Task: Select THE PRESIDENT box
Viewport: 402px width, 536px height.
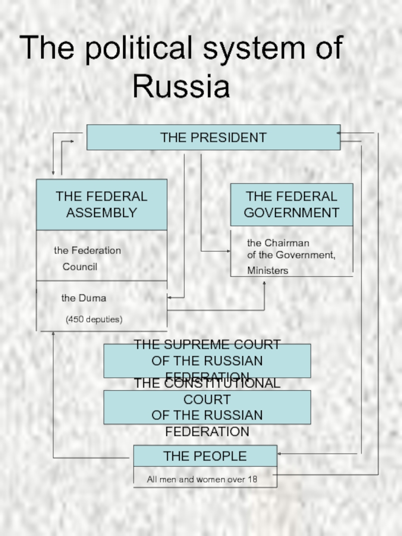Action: pyautogui.click(x=213, y=137)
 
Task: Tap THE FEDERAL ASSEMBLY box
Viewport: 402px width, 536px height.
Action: pyautogui.click(x=102, y=204)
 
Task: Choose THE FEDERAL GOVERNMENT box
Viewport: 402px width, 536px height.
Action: pyautogui.click(x=291, y=204)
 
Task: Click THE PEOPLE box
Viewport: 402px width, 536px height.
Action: pyautogui.click(x=205, y=456)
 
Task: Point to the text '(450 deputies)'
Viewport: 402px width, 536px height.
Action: pyautogui.click(x=94, y=319)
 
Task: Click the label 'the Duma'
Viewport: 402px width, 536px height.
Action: pyautogui.click(x=83, y=298)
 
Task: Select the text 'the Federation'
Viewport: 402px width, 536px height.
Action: pyautogui.click(x=87, y=250)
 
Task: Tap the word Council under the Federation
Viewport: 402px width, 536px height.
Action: pyautogui.click(x=80, y=267)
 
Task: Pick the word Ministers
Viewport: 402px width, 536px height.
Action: pyautogui.click(x=267, y=271)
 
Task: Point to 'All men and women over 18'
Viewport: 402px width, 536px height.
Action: pyautogui.click(x=202, y=480)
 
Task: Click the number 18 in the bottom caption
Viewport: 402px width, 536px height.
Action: pyautogui.click(x=252, y=480)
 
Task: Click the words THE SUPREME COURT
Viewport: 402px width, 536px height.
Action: pyautogui.click(x=207, y=345)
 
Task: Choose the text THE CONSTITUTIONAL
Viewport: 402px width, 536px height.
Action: pyautogui.click(x=207, y=384)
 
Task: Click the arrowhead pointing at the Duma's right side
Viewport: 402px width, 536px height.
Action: pyautogui.click(x=169, y=298)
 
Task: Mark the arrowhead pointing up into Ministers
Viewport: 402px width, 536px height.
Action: pyautogui.click(x=264, y=283)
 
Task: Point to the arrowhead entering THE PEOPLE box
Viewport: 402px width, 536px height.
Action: pyautogui.click(x=279, y=454)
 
